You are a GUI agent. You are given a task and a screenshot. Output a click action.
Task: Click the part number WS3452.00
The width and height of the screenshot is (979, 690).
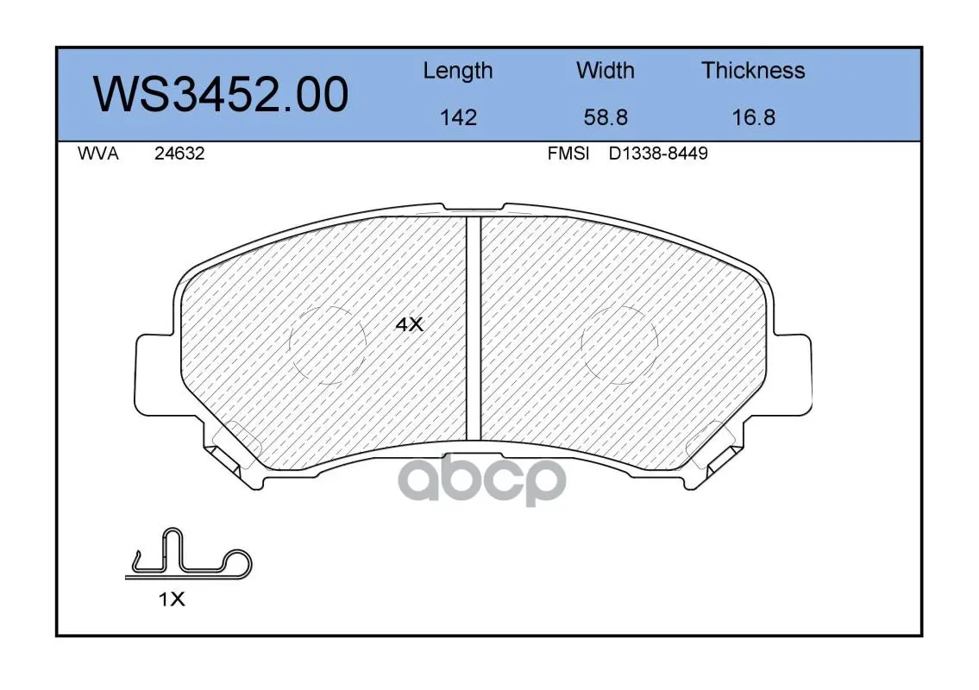click(221, 95)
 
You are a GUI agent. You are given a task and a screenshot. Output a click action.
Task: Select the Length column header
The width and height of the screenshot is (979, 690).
click(458, 72)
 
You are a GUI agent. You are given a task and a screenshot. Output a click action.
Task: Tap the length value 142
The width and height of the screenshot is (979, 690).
click(458, 117)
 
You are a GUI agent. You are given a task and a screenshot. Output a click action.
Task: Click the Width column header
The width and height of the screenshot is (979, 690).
click(605, 70)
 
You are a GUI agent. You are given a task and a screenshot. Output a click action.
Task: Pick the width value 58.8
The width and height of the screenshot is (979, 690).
click(606, 117)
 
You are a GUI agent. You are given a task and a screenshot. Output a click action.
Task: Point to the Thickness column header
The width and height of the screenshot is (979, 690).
click(753, 70)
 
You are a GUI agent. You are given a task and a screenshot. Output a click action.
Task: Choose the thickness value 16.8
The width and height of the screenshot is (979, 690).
click(754, 117)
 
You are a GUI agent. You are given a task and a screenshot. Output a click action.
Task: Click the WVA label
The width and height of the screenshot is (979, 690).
click(98, 154)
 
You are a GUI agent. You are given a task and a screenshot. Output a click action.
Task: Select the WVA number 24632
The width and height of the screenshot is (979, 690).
click(179, 154)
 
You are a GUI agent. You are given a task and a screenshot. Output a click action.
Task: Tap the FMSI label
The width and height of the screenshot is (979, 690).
click(568, 154)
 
